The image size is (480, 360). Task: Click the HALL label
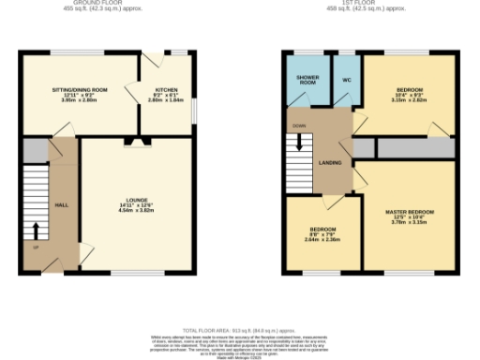tap(61, 204)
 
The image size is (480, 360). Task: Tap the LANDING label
tap(330, 162)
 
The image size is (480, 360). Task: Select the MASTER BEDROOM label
tap(410, 212)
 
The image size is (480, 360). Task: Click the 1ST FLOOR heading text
tap(372, 4)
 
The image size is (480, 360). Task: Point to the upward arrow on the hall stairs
tap(36, 230)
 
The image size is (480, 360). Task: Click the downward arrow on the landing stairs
tap(300, 142)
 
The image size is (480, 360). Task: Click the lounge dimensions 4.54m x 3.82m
tap(137, 211)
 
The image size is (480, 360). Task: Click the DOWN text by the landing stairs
tap(299, 125)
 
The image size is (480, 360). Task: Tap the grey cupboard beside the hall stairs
tap(36, 150)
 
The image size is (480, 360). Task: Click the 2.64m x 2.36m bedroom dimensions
tap(322, 239)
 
